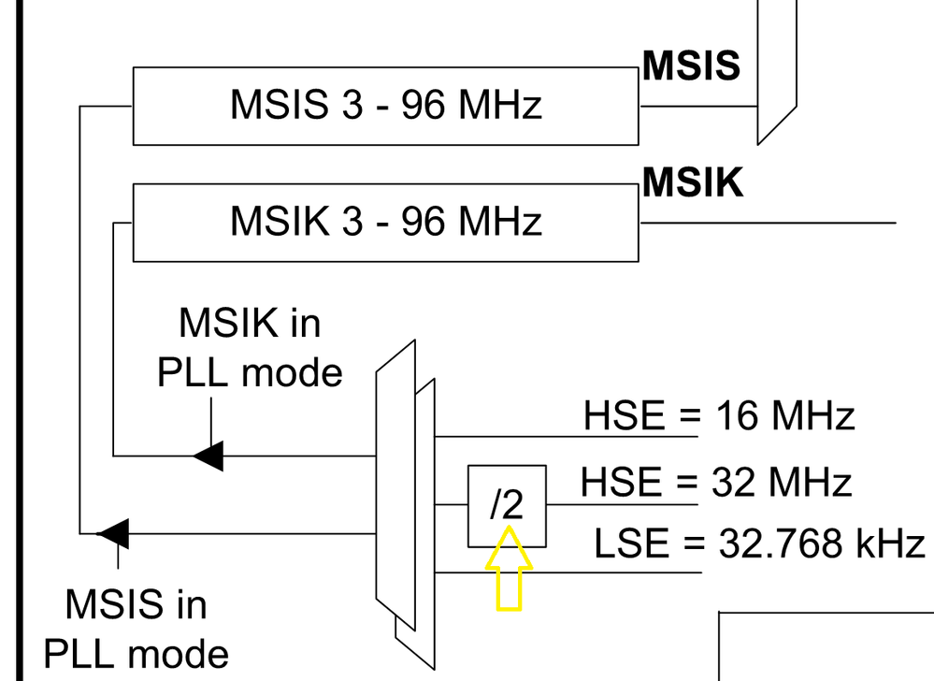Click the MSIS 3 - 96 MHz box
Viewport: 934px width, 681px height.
coord(385,106)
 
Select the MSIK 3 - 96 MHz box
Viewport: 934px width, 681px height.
coord(385,223)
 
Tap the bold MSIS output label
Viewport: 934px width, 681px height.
coord(692,66)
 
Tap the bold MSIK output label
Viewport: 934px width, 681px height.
coord(693,183)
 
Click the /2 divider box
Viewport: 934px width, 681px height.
coord(506,505)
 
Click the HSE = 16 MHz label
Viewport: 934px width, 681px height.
coord(719,415)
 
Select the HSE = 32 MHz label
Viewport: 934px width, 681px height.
coord(716,484)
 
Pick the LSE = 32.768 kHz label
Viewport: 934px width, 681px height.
coord(759,543)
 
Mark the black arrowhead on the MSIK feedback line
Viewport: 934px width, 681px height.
coord(208,456)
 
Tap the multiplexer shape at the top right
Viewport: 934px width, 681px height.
coord(776,65)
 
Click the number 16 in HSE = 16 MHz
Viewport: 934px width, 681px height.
coord(732,415)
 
